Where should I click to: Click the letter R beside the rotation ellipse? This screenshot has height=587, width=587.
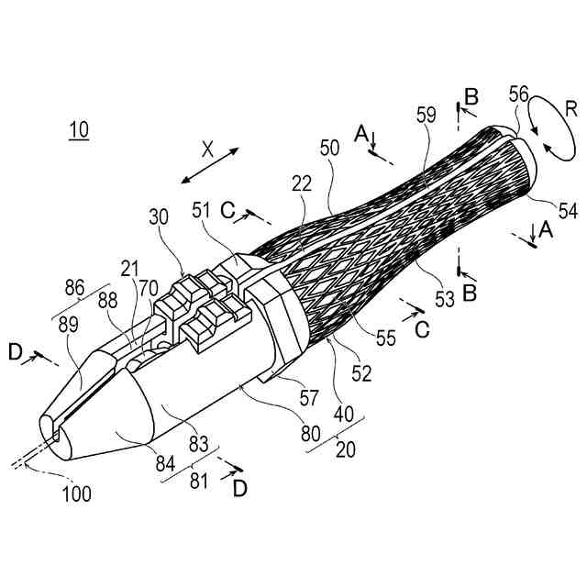570,109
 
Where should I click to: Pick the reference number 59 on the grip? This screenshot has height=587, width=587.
425,117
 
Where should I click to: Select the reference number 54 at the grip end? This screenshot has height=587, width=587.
567,211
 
